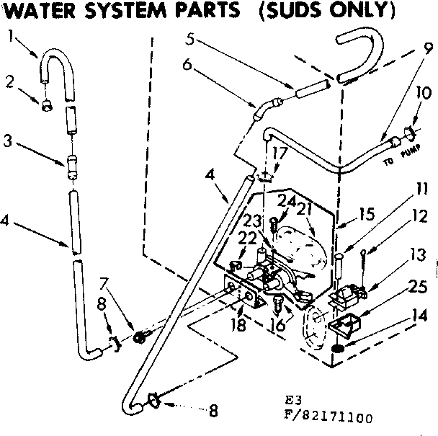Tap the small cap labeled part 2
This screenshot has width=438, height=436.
click(47, 105)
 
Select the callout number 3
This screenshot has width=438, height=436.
click(7, 142)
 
